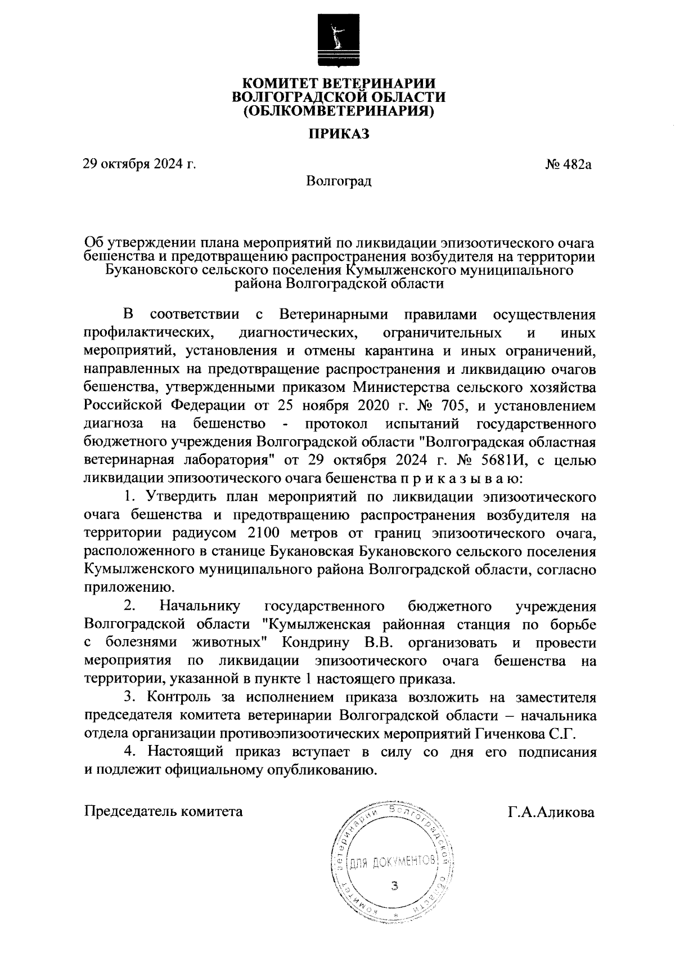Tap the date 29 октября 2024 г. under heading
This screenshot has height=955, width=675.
coord(139,164)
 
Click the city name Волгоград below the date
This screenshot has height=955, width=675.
coord(339,181)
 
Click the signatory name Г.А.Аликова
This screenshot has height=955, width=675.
coord(551,812)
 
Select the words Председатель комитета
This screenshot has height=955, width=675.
coord(163,812)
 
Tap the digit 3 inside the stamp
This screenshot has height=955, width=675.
coord(394,886)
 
